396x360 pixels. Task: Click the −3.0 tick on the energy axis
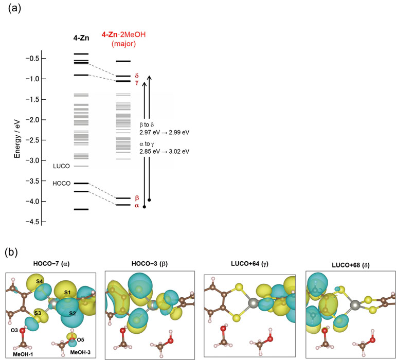[44, 160]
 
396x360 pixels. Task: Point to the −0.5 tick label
[32, 58]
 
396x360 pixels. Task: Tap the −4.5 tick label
[32, 222]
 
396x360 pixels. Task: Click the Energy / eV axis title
[17, 140]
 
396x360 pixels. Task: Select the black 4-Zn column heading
[81, 38]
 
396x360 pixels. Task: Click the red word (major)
[124, 44]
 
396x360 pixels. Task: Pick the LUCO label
[61, 166]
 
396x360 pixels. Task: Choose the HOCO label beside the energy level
[61, 184]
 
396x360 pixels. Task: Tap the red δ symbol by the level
[137, 76]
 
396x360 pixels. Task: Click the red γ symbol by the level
[137, 82]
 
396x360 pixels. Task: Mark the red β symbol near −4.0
[137, 197]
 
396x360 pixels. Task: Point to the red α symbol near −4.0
[137, 206]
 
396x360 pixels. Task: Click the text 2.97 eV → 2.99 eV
[165, 132]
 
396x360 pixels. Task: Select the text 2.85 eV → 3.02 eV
[165, 152]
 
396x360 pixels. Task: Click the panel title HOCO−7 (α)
[51, 264]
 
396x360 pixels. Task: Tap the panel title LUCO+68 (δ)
[351, 265]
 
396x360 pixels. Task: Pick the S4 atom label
[39, 281]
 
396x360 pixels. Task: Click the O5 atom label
[81, 340]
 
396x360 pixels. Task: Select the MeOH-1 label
[23, 354]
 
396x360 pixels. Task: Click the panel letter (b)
[11, 253]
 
